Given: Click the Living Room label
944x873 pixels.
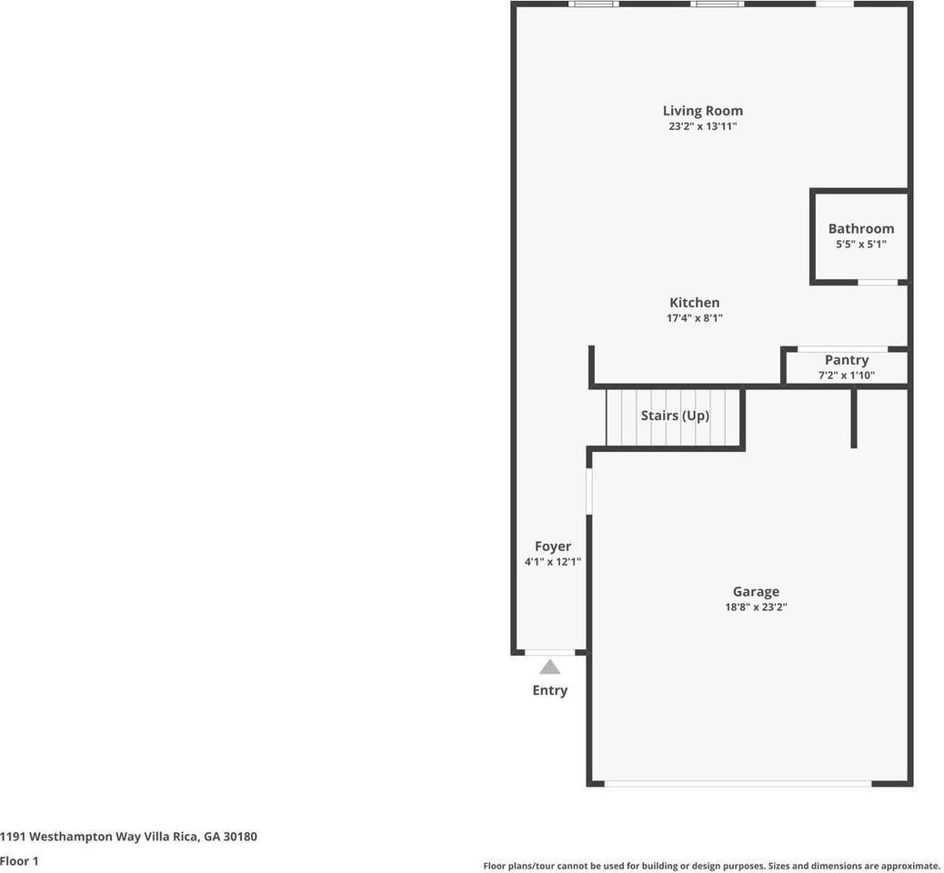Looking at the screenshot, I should click(x=702, y=111).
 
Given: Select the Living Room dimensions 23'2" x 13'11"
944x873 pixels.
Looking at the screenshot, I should click(x=702, y=127).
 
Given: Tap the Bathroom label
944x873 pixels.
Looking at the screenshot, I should click(x=860, y=228).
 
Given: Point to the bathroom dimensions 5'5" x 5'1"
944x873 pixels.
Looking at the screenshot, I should click(x=860, y=245).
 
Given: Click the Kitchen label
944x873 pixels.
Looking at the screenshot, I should click(x=694, y=303).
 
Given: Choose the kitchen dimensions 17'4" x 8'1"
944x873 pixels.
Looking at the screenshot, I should click(x=694, y=318).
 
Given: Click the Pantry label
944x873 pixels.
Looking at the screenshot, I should click(x=846, y=360).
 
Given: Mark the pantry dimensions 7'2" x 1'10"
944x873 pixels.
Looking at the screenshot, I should click(x=846, y=375).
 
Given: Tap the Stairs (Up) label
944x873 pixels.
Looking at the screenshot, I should click(x=675, y=416).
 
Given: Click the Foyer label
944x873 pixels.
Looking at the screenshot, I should click(x=552, y=547).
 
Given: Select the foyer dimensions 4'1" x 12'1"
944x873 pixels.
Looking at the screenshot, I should click(x=552, y=562).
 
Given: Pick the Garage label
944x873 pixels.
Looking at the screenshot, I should click(x=755, y=592).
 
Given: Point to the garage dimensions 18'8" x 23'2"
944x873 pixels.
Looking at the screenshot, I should click(x=755, y=607).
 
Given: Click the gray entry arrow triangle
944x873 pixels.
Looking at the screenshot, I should click(x=549, y=667).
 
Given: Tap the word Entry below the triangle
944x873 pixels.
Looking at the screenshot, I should click(x=549, y=690).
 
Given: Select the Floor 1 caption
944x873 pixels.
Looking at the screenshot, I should click(x=19, y=860).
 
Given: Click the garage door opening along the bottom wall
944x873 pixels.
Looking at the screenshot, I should click(x=738, y=783).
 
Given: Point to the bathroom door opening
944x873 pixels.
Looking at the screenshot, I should click(x=878, y=282).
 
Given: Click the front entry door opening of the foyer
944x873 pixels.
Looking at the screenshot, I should click(x=549, y=652).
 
